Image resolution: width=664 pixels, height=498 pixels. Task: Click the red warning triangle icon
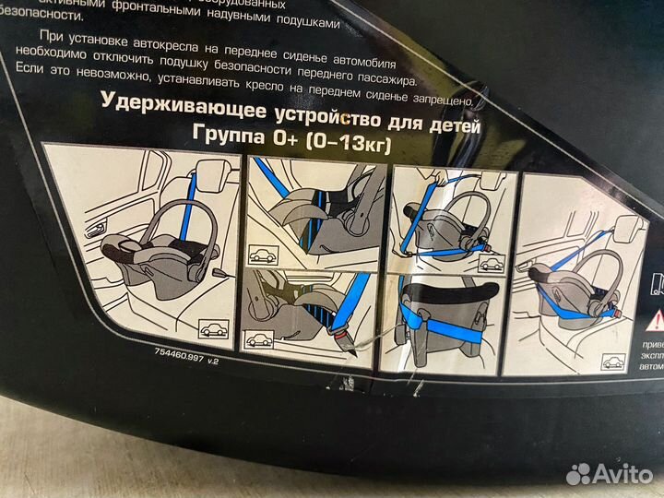pos(656,320)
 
